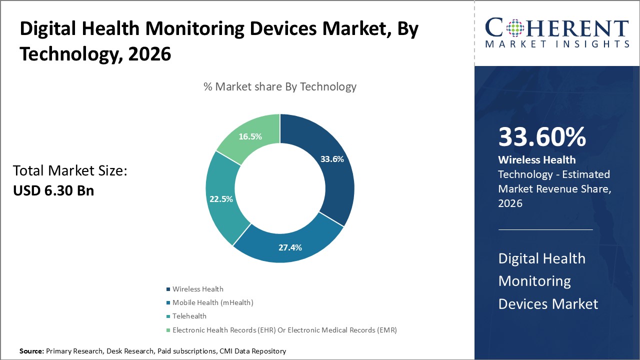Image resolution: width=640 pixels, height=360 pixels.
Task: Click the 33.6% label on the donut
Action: (x=332, y=159)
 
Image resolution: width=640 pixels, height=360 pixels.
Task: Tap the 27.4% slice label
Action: (x=290, y=247)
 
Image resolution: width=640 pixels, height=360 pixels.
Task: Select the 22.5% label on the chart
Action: (x=221, y=199)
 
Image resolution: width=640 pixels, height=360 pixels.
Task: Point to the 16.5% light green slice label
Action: (x=250, y=136)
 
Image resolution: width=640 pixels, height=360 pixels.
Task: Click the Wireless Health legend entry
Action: (x=197, y=289)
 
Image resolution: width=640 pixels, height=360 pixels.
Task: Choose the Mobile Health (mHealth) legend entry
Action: (x=212, y=302)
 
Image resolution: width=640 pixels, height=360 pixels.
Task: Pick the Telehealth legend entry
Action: (x=189, y=316)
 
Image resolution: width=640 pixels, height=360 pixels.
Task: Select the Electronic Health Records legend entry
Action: (x=284, y=330)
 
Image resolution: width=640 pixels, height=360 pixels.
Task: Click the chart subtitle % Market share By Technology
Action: (x=280, y=86)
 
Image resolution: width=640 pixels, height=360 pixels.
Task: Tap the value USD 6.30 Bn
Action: (x=53, y=190)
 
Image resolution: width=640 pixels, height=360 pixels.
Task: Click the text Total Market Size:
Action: (x=70, y=171)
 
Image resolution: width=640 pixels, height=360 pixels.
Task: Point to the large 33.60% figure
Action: (x=542, y=137)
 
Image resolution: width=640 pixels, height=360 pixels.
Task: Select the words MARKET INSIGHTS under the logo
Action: (x=557, y=44)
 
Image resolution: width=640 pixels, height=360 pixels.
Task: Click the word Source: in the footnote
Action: (x=31, y=351)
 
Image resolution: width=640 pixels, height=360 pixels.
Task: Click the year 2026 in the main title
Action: (x=149, y=54)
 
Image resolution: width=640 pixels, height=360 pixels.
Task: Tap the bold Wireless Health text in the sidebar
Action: (x=536, y=160)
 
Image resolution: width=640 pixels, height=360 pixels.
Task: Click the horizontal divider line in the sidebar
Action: (x=545, y=229)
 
